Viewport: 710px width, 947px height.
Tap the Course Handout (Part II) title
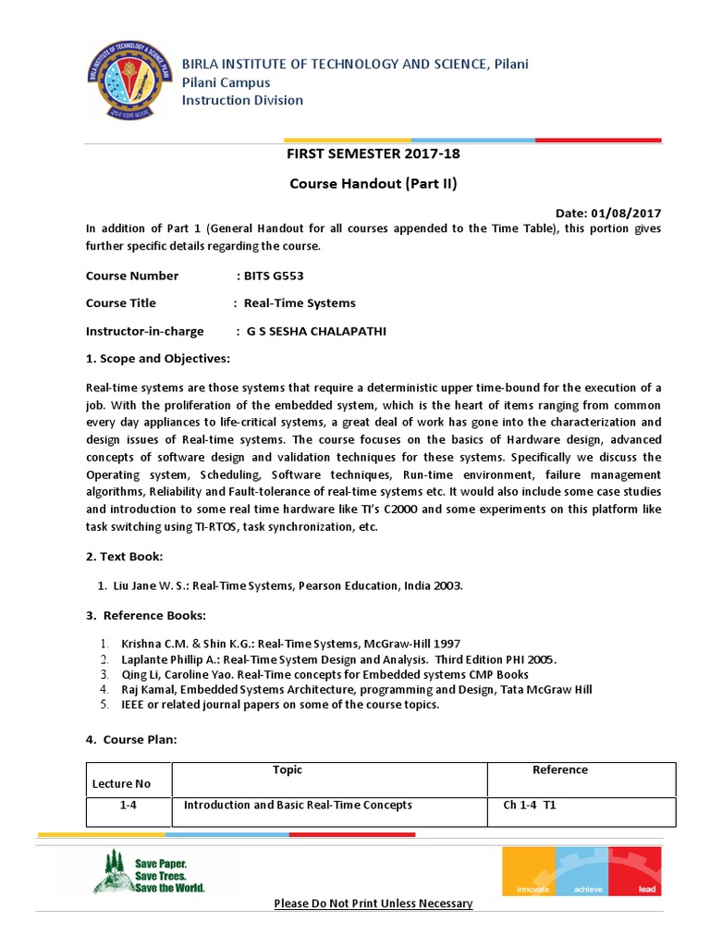[x=373, y=183]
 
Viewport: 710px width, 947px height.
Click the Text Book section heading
[x=124, y=557]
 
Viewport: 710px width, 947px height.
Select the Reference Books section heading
[x=146, y=616]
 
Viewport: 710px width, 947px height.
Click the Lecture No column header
[x=121, y=784]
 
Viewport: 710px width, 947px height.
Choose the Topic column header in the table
[x=288, y=769]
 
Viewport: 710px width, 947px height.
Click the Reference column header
[x=559, y=769]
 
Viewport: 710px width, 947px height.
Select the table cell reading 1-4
[x=129, y=806]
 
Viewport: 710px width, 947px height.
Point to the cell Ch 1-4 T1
[x=529, y=806]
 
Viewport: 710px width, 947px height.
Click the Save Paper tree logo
[x=108, y=872]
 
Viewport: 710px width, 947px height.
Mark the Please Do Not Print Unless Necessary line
[x=373, y=904]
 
